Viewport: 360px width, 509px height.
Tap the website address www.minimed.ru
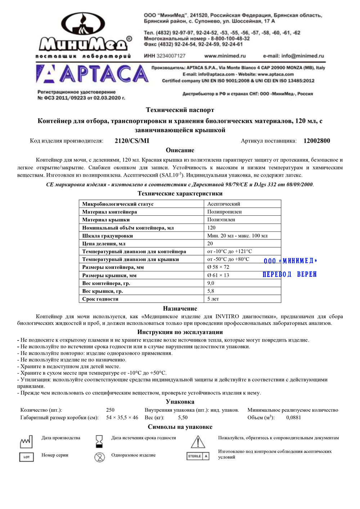pyautogui.click(x=225, y=56)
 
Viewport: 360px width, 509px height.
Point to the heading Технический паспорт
pyautogui.click(x=180, y=110)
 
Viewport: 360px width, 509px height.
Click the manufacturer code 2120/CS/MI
pyautogui.click(x=132, y=141)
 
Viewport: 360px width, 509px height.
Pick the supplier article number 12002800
pyautogui.click(x=316, y=141)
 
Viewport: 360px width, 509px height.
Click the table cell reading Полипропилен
pyautogui.click(x=224, y=212)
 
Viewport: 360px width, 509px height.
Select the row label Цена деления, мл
pyautogui.click(x=104, y=243)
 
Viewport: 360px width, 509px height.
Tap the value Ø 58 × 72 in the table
pyautogui.click(x=218, y=267)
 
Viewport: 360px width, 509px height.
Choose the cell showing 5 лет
pyautogui.click(x=213, y=299)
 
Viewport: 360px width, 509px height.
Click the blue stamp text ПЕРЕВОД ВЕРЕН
pyautogui.click(x=289, y=274)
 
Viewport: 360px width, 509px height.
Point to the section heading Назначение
pyautogui.click(x=180, y=308)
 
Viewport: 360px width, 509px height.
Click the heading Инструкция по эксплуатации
pyautogui.click(x=180, y=332)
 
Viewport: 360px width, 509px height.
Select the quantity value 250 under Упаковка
pyautogui.click(x=110, y=410)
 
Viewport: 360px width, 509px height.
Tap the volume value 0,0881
pyautogui.click(x=293, y=418)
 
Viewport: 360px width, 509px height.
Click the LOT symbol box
pyautogui.click(x=26, y=457)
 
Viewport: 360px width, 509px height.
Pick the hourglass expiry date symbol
pyautogui.click(x=99, y=440)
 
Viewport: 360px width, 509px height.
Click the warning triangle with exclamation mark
pyautogui.click(x=198, y=442)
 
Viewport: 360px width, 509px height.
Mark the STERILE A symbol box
pyautogui.click(x=198, y=456)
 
